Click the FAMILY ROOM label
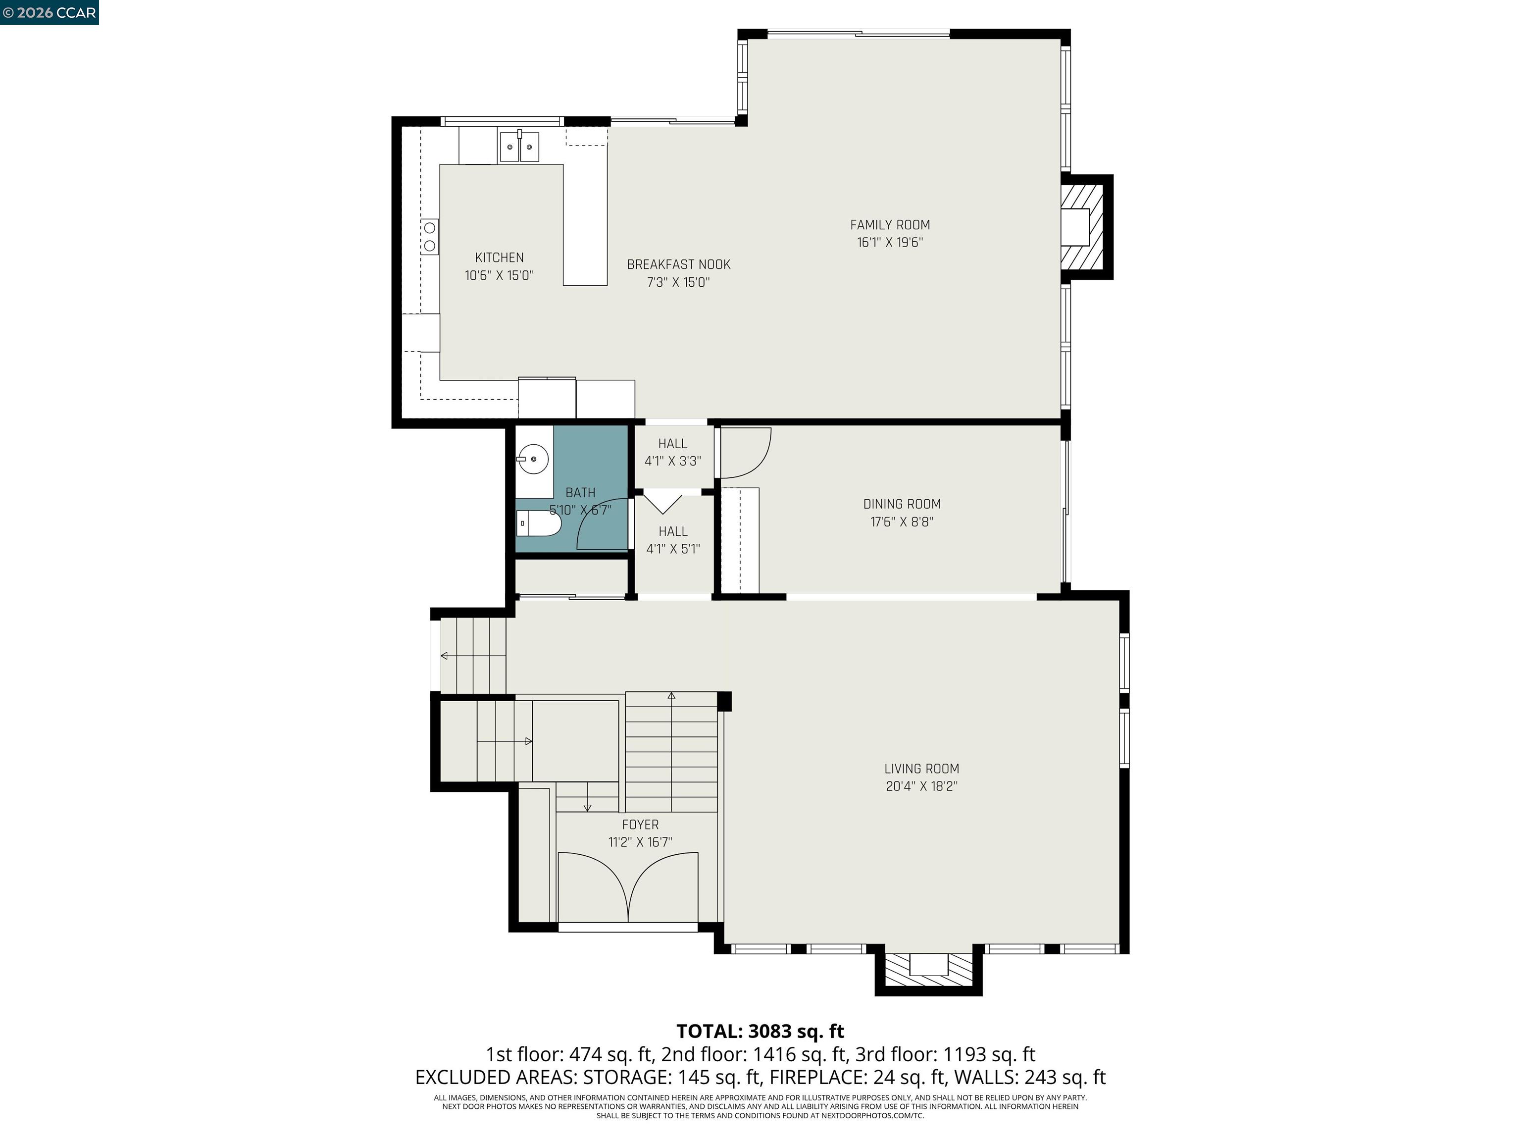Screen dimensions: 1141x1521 890,225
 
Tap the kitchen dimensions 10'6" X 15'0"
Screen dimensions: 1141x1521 499,276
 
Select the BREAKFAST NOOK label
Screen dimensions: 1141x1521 678,264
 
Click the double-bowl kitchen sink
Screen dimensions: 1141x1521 519,147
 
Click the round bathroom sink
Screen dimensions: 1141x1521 533,458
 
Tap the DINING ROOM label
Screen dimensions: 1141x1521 902,504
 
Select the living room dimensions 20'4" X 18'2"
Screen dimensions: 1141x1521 921,786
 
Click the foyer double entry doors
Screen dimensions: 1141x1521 628,887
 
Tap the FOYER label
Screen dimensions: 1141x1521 640,825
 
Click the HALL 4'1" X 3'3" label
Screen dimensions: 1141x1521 672,452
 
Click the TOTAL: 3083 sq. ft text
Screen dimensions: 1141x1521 760,1032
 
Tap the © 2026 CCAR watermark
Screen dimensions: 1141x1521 49,12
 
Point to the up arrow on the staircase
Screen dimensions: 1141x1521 671,696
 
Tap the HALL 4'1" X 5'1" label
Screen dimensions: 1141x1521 672,540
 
